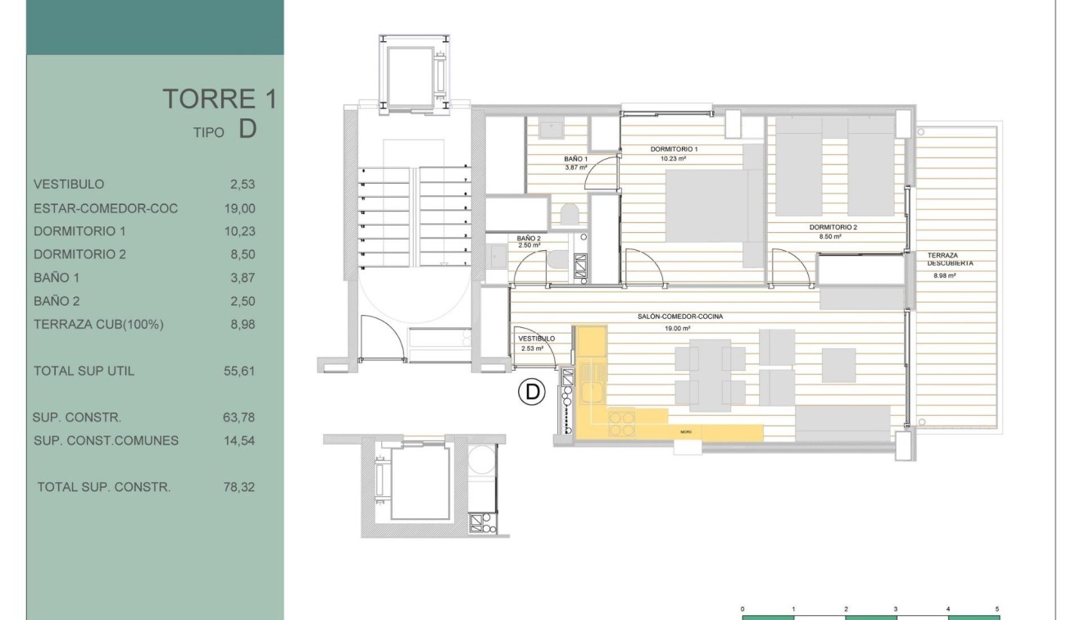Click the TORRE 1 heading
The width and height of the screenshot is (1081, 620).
click(x=220, y=99)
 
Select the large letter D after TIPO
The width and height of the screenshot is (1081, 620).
click(x=248, y=129)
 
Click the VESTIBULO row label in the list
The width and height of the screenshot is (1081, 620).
click(x=69, y=185)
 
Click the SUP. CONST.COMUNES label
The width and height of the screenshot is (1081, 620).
click(x=106, y=440)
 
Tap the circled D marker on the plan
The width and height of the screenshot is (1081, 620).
click(x=532, y=392)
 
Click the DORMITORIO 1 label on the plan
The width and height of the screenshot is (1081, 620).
click(x=673, y=149)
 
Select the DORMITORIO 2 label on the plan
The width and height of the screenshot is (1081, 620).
click(x=832, y=227)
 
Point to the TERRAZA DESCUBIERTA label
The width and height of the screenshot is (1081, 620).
click(x=950, y=259)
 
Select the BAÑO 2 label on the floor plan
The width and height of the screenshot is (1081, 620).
click(x=529, y=237)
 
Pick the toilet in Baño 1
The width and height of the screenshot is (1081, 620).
click(x=570, y=215)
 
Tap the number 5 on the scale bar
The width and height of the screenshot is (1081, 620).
click(x=997, y=609)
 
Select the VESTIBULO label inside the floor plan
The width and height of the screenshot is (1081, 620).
click(x=536, y=338)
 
